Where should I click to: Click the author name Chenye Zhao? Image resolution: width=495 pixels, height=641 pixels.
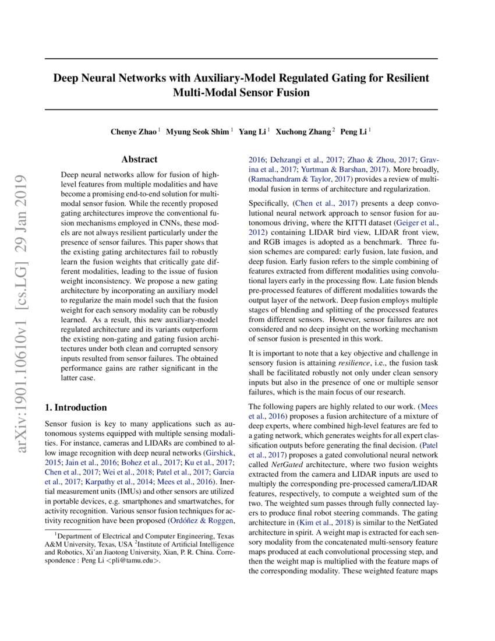pos(133,132)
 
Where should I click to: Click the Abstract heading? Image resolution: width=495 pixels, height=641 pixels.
pos(139,159)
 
